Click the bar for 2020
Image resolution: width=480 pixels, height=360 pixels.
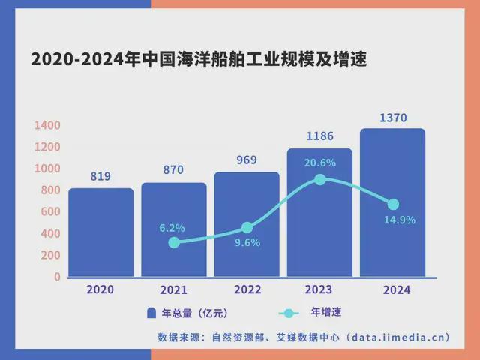100,232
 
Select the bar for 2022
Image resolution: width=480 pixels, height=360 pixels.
247,224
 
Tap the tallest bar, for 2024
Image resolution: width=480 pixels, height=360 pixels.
392,202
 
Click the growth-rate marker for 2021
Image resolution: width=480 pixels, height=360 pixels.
174,242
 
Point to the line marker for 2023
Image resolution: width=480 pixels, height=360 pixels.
320,180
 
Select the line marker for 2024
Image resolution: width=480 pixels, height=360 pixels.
393,204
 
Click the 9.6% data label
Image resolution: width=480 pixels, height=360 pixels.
247,242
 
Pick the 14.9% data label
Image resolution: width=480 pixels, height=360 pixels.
399,220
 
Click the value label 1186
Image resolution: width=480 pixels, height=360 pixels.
319,136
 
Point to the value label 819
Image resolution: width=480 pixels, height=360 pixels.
100,177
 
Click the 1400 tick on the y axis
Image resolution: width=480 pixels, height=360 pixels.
46,125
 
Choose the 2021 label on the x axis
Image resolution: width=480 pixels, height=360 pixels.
173,290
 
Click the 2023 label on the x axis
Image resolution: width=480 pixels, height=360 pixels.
319,289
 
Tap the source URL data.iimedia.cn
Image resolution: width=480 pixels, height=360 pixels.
402,337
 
